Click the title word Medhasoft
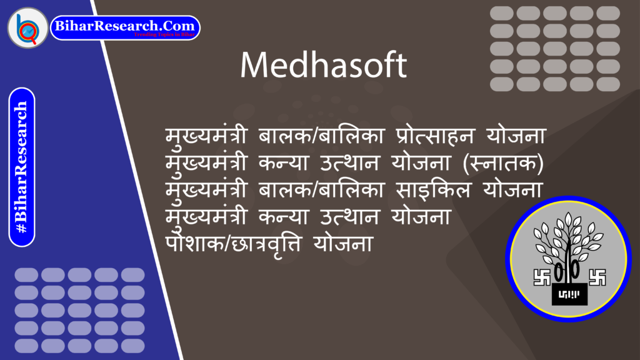323,65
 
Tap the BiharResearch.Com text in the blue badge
125,26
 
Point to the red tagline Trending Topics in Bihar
165,35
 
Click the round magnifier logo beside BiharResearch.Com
27,27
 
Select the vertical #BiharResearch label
22,167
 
